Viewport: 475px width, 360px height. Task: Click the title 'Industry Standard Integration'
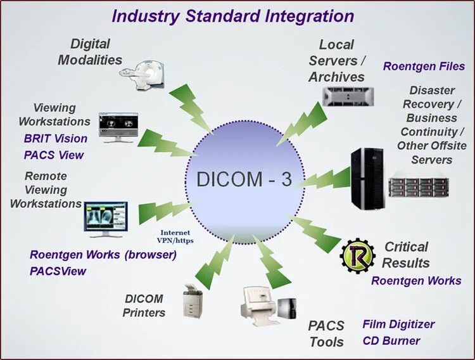click(x=232, y=16)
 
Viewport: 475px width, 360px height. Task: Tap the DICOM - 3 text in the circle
click(x=244, y=179)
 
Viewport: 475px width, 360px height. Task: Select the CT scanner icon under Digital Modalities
click(x=144, y=71)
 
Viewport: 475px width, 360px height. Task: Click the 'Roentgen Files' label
click(x=424, y=66)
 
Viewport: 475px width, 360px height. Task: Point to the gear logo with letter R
click(x=357, y=256)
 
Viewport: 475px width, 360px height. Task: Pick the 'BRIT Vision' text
click(x=56, y=138)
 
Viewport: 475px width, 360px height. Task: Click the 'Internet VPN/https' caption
click(x=175, y=237)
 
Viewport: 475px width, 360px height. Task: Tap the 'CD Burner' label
click(x=391, y=340)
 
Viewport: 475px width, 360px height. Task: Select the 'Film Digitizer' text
click(x=398, y=325)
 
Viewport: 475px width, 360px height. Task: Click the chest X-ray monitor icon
click(x=104, y=219)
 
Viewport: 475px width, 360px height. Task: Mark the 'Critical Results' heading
click(x=406, y=255)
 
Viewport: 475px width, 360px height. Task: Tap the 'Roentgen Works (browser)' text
click(x=103, y=255)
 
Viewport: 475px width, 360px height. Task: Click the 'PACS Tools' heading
click(x=326, y=334)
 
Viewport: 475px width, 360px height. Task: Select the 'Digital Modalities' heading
click(x=90, y=52)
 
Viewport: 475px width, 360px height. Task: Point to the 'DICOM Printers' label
click(x=144, y=305)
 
